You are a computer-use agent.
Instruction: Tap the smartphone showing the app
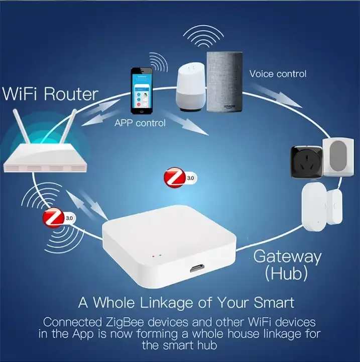click(142, 90)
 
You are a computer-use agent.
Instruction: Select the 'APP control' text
click(140, 122)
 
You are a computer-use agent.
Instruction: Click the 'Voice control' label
click(278, 74)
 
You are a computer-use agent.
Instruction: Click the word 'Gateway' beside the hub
click(287, 256)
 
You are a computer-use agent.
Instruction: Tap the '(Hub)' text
click(287, 274)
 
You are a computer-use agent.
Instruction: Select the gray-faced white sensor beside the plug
click(340, 157)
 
